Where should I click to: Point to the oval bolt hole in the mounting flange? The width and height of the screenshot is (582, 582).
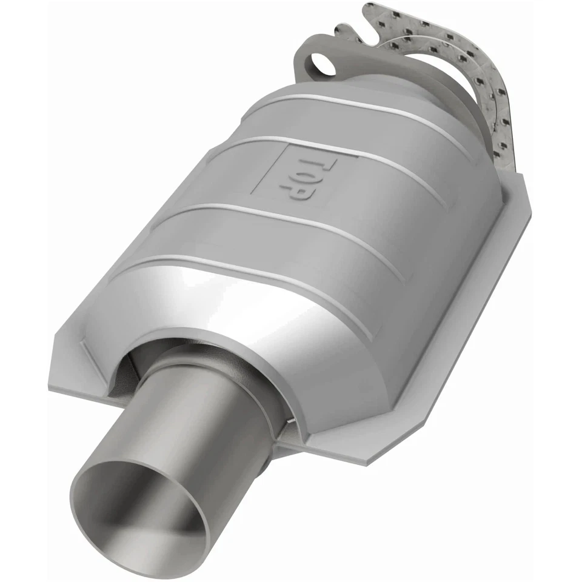coord(318,64)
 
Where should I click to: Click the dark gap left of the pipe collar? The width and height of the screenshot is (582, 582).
coord(124,376)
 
